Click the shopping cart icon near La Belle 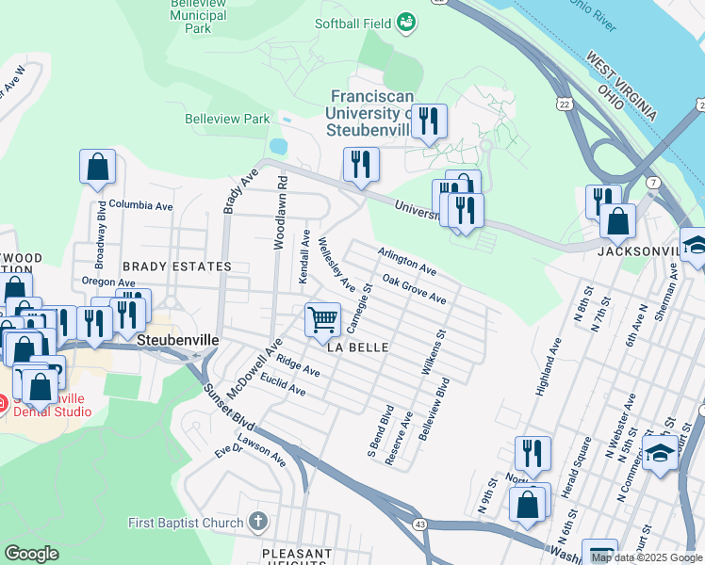[322, 320]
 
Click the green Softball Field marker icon [406, 22]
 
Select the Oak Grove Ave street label [415, 289]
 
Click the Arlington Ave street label [407, 262]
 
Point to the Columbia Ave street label [140, 204]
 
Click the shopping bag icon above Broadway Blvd [97, 168]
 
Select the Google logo [32, 554]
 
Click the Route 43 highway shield [418, 523]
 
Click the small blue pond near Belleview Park [277, 147]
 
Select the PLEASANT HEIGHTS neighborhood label [297, 556]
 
